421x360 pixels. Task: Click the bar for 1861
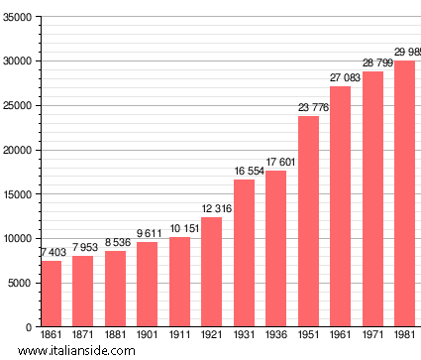(51, 294)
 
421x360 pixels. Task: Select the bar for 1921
(212, 272)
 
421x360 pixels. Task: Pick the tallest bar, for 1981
(405, 193)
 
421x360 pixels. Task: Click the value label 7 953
(83, 247)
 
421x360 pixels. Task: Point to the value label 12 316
(212, 208)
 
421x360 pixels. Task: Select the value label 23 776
(308, 107)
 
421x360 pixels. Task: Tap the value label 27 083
(341, 77)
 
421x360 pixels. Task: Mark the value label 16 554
(244, 171)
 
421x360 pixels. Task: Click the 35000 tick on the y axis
(18, 17)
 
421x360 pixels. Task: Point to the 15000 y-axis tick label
(18, 194)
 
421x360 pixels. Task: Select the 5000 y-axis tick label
(21, 283)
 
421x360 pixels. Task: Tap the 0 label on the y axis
(29, 327)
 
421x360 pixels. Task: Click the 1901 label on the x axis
(148, 336)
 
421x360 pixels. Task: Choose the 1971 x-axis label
(372, 336)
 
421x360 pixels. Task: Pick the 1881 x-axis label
(115, 336)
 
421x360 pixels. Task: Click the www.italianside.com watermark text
(69, 351)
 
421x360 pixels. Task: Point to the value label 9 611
(148, 233)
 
